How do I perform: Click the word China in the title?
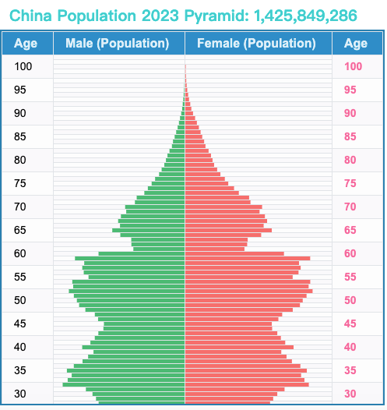click(31, 16)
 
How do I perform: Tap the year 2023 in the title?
click(160, 16)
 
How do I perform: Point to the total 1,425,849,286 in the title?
click(305, 16)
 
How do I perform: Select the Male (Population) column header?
click(118, 43)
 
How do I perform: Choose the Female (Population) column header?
click(256, 43)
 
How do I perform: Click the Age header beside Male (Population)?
click(26, 44)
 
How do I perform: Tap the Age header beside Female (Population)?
click(356, 44)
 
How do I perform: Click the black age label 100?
click(23, 66)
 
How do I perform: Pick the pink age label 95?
click(350, 90)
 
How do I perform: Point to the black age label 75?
click(19, 183)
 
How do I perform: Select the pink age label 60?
click(350, 253)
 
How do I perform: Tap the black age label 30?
click(19, 394)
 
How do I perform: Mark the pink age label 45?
click(350, 323)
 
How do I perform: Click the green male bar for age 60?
click(142, 253)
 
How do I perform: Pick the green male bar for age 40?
click(134, 347)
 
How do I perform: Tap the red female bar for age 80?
click(199, 161)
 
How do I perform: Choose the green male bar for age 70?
click(155, 207)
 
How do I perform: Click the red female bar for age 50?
click(244, 300)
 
